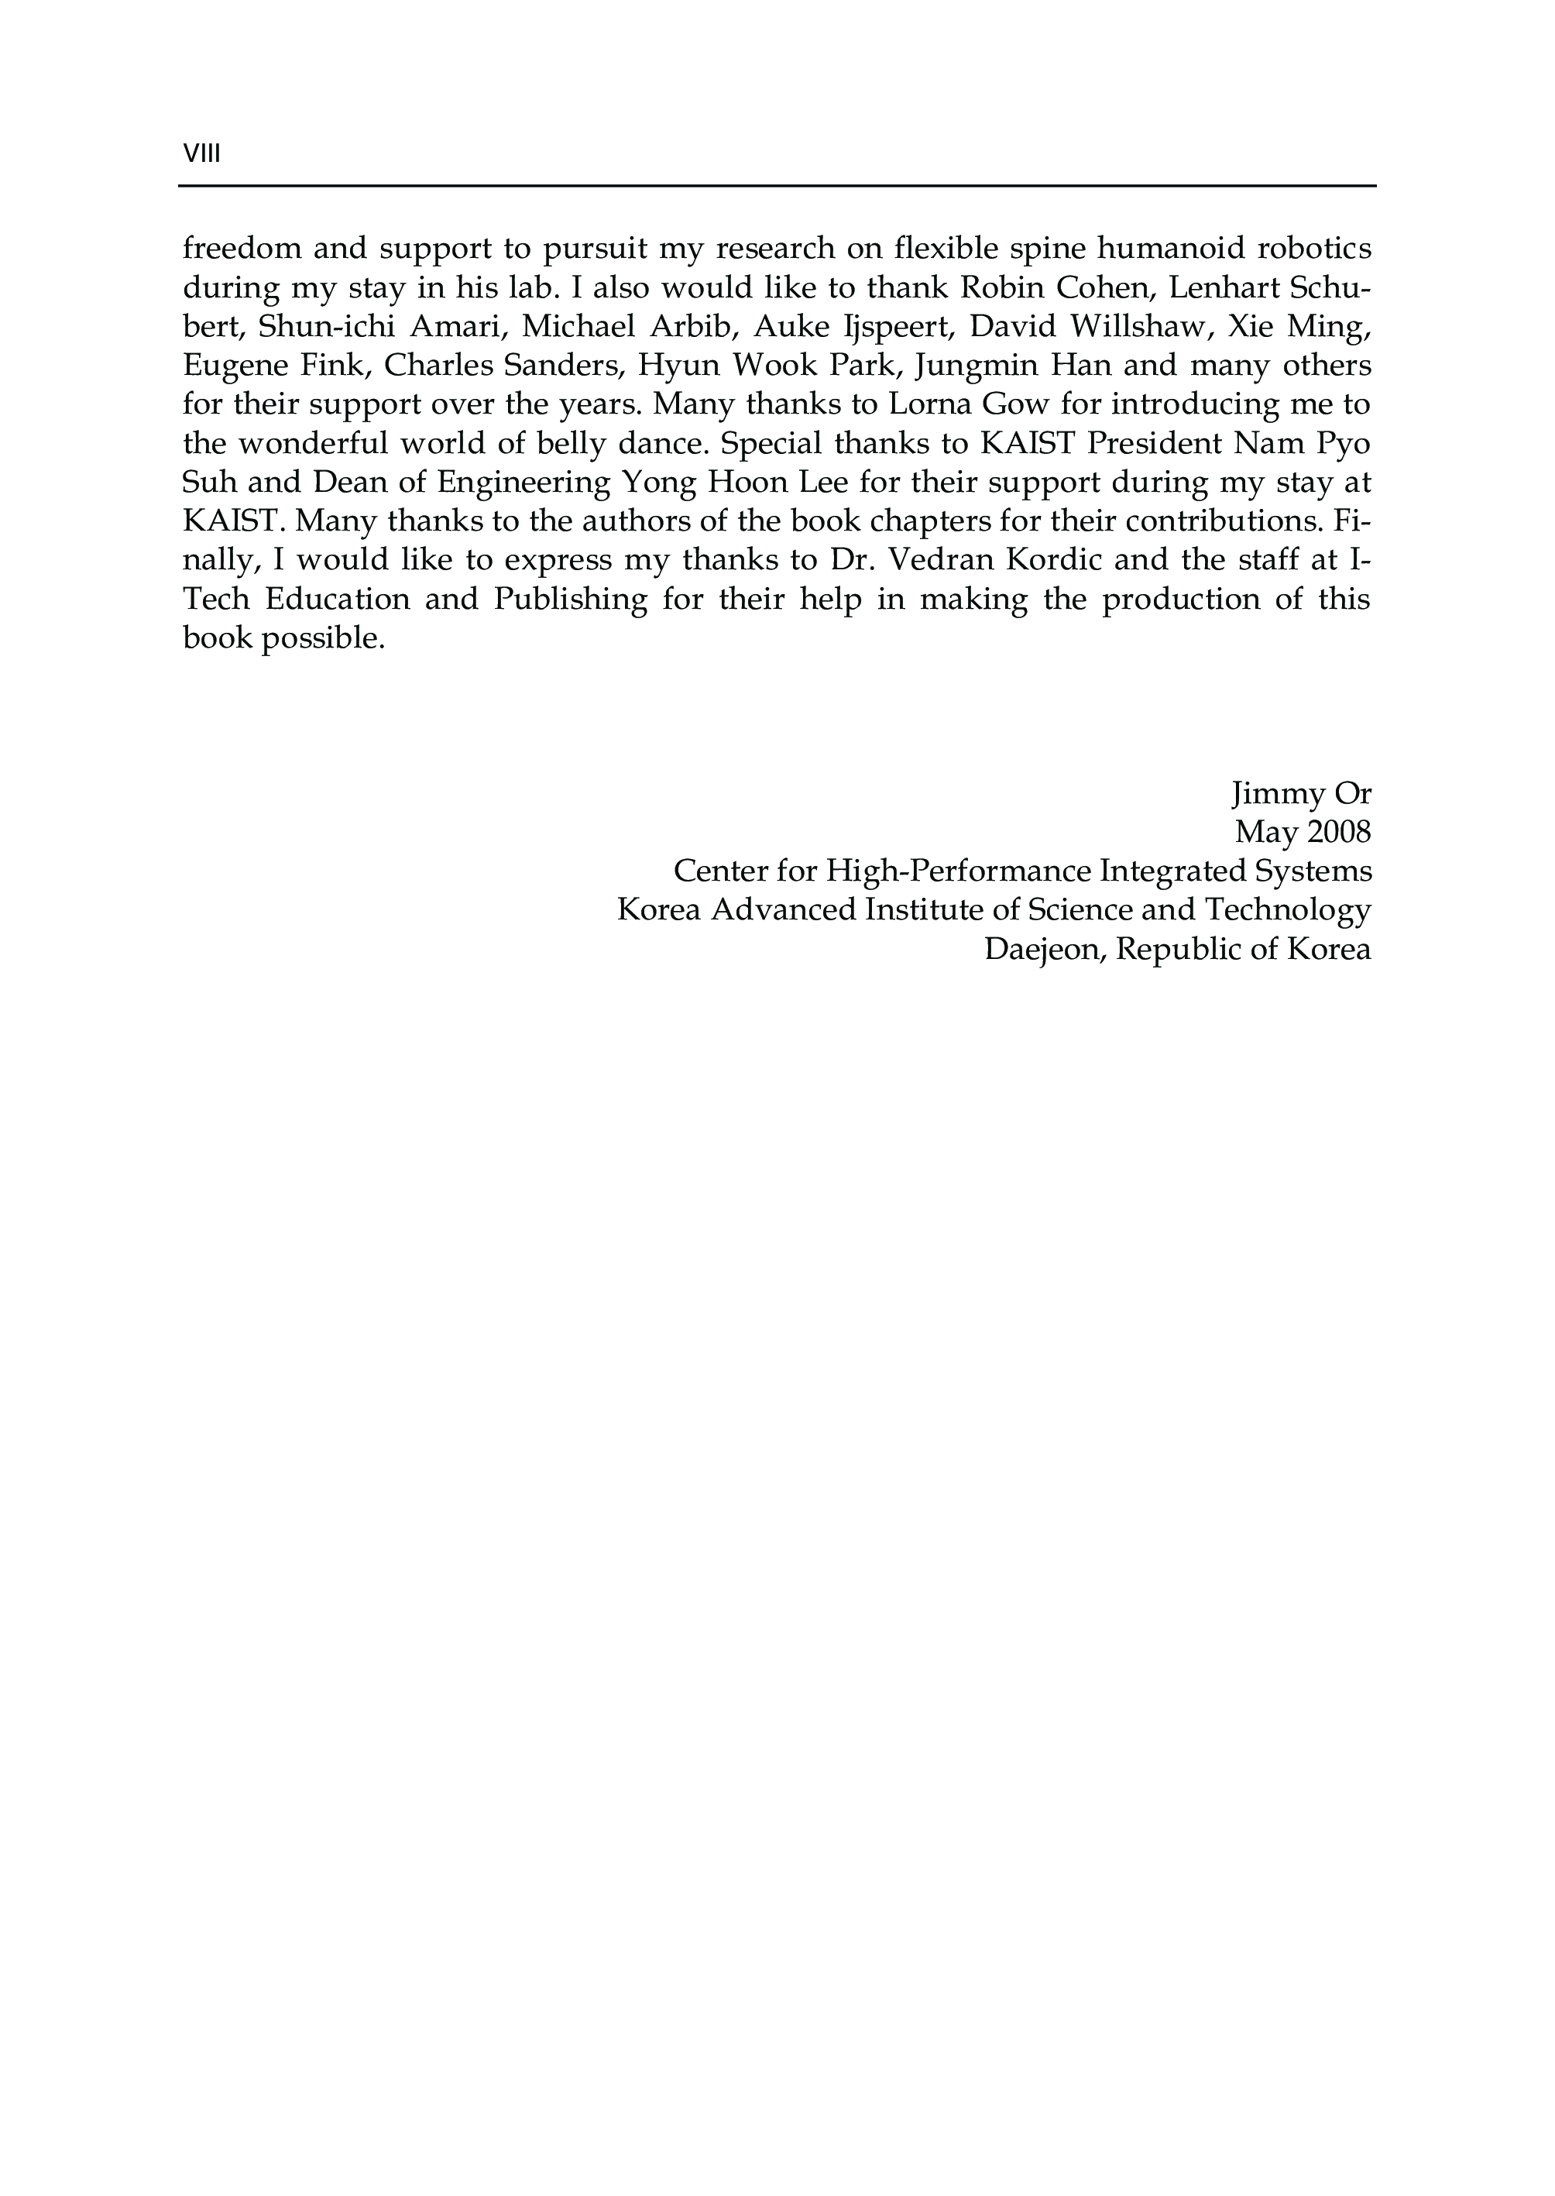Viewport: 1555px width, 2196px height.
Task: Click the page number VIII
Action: tap(201, 154)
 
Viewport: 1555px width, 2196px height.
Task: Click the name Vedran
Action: tap(937, 560)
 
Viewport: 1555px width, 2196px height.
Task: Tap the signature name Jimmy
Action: tap(1270, 794)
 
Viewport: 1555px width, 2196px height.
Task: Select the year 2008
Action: tap(1339, 832)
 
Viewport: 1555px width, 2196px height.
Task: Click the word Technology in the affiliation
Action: tap(1288, 910)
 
